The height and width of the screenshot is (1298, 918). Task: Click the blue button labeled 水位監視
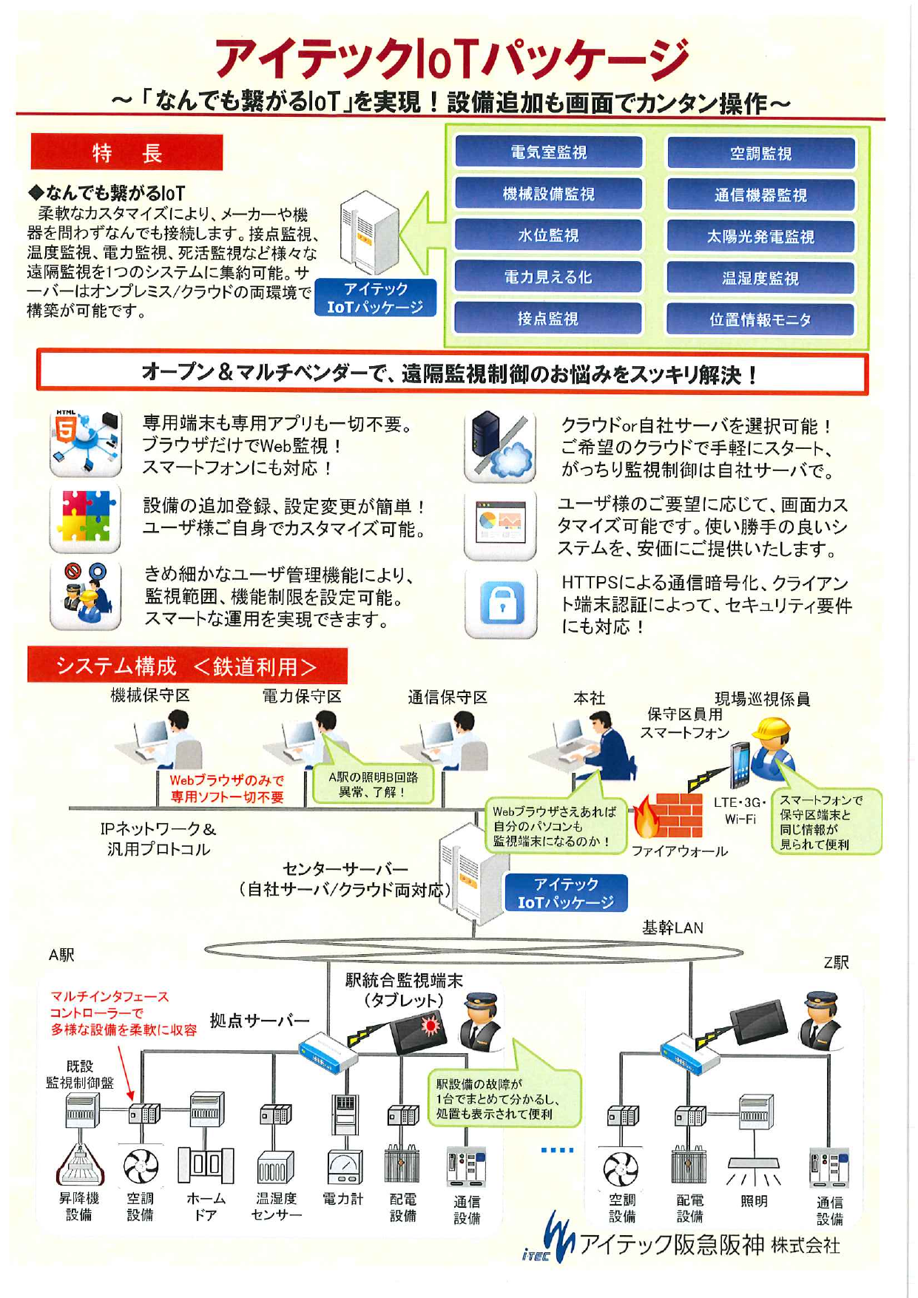(x=548, y=235)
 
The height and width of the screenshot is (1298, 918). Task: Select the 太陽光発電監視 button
(x=760, y=237)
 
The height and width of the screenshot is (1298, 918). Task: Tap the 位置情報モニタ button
(x=760, y=320)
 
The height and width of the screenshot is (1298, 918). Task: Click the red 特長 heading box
(x=126, y=152)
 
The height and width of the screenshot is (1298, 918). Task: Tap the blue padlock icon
(x=501, y=603)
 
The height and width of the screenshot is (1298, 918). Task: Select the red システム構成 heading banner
(x=186, y=666)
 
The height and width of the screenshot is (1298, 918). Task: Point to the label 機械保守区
(x=150, y=695)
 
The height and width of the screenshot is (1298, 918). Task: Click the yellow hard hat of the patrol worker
(x=772, y=729)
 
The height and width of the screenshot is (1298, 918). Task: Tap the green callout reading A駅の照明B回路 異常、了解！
(x=373, y=784)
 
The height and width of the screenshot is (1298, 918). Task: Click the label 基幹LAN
(x=672, y=927)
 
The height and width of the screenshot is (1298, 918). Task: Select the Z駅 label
(x=836, y=962)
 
